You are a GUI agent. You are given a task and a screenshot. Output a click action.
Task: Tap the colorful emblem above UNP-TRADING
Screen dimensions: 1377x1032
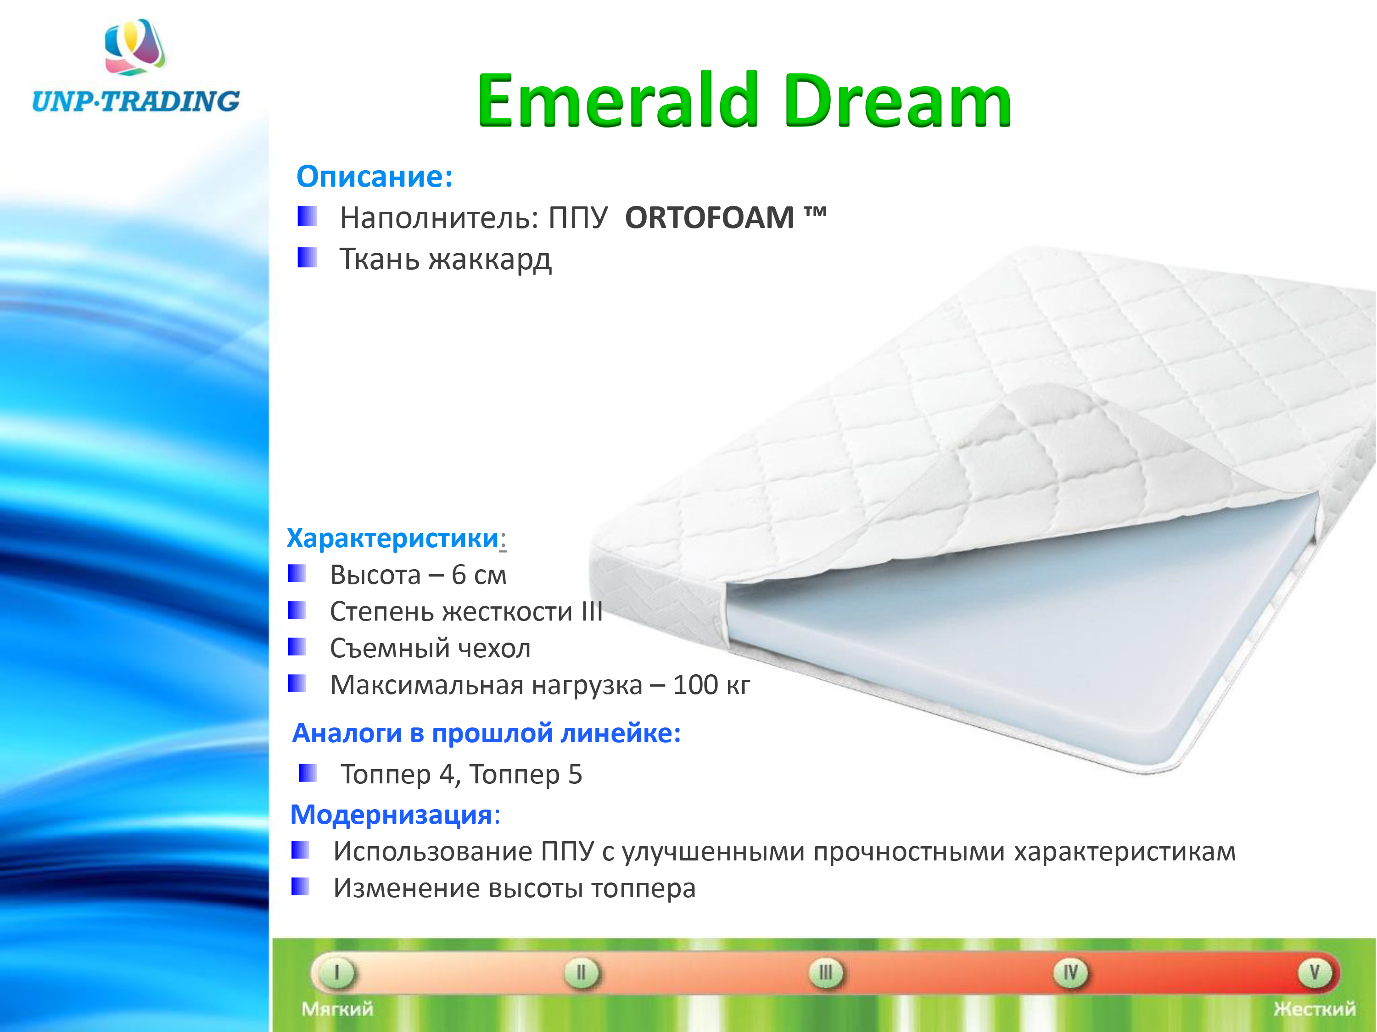[135, 47]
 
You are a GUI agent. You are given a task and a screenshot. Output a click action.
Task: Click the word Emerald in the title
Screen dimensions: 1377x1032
[617, 101]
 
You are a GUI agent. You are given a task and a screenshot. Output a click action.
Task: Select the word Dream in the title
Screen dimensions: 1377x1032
[897, 101]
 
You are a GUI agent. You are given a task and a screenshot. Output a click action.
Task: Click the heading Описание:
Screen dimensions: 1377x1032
[375, 177]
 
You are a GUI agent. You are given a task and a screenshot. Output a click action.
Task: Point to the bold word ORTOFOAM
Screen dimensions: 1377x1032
[710, 218]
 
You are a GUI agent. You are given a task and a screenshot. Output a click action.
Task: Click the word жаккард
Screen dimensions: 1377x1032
[490, 260]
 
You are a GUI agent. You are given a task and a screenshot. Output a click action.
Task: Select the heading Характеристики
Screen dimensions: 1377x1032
[393, 538]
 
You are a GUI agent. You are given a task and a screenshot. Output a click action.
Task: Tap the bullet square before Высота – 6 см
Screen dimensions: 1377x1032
[297, 573]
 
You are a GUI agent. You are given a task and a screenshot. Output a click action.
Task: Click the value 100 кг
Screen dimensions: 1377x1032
[711, 685]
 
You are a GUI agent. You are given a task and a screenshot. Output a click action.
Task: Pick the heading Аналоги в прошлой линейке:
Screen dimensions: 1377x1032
[486, 733]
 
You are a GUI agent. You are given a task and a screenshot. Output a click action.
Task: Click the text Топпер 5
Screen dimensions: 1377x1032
[526, 775]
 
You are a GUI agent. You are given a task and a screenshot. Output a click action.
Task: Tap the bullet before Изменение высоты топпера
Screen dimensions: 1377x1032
[300, 887]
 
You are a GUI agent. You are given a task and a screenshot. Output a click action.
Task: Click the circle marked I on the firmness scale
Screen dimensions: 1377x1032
[337, 973]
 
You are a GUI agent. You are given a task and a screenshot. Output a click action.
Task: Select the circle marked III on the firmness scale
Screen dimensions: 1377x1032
[825, 973]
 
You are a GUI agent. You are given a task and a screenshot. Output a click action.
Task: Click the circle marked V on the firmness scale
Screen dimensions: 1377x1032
[1315, 973]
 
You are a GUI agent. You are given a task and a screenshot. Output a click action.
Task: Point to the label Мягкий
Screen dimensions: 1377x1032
[337, 1009]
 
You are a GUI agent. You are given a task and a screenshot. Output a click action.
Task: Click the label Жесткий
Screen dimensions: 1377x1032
[1315, 1009]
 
